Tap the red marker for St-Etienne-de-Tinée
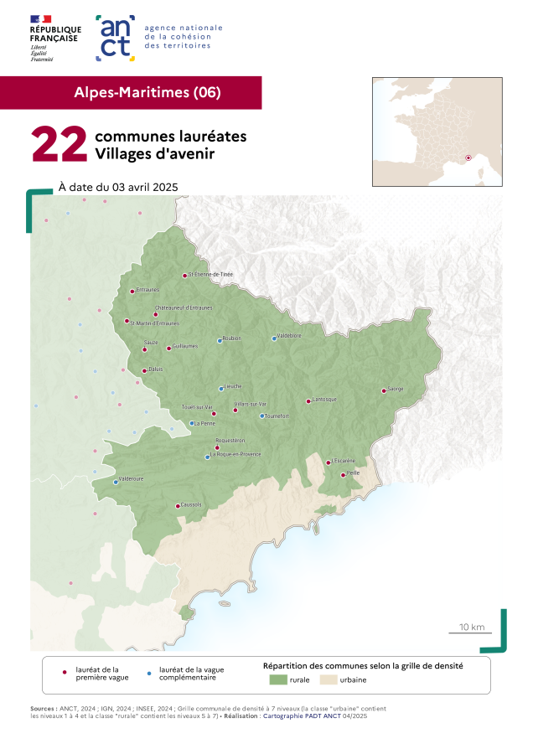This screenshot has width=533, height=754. (184, 276)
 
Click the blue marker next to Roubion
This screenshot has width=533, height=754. (220, 341)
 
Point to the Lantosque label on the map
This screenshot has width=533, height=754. (324, 399)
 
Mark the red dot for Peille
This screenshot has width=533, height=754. (343, 475)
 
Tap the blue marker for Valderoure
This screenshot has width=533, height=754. (116, 483)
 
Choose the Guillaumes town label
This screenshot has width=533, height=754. (184, 345)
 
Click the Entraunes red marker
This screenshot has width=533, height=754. (132, 292)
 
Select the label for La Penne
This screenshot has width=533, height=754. (204, 423)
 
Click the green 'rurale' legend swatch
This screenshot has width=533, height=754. (278, 679)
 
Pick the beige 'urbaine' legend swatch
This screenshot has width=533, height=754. (329, 679)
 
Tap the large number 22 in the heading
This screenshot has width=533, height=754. (59, 145)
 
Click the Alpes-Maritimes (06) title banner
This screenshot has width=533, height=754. (147, 93)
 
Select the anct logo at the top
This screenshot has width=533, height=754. (116, 38)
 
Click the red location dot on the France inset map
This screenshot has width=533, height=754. (468, 157)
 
